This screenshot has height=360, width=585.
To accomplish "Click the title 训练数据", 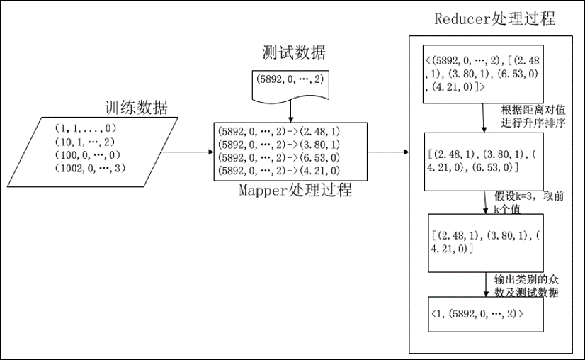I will click(137, 108).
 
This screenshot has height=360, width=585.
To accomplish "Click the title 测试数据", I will click(294, 53).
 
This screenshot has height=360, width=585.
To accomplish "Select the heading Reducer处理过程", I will click(493, 19).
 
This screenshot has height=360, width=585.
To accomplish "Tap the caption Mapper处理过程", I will click(295, 191).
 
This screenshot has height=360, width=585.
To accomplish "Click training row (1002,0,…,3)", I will click(88, 168).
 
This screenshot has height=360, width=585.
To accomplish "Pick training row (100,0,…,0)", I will click(86, 154).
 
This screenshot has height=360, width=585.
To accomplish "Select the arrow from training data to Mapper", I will click(185, 152).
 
